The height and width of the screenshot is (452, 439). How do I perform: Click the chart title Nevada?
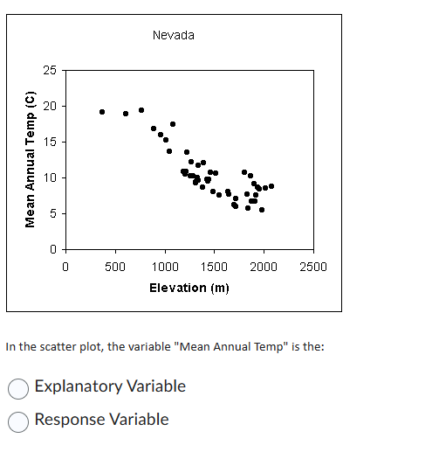coord(173,35)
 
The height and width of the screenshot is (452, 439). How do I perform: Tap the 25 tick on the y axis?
coord(51,70)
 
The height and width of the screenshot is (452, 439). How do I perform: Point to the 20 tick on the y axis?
coord(51,106)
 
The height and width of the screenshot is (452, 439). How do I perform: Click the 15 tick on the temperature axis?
coord(51,142)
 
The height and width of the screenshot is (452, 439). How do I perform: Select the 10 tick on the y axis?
coord(51,177)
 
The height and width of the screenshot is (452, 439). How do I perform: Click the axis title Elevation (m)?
coord(189,288)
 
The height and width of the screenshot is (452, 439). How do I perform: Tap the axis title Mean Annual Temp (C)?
coord(31,160)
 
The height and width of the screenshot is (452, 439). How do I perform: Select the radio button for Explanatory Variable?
coord(18,386)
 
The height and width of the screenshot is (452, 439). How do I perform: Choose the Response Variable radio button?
coord(18,421)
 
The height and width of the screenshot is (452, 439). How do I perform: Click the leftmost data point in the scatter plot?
coord(102,112)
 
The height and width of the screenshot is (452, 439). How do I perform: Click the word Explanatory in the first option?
coord(79,386)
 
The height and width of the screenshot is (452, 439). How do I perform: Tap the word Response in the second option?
coord(71,420)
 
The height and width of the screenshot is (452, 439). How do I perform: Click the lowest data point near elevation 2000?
coord(262,210)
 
